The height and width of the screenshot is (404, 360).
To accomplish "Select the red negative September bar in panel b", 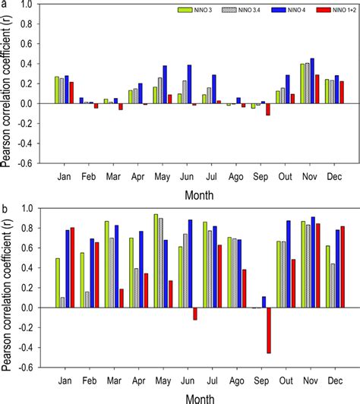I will (x=268, y=330).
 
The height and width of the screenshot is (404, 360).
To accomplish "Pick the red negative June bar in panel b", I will (x=194, y=314).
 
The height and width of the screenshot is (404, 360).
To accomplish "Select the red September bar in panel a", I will (x=268, y=109).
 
